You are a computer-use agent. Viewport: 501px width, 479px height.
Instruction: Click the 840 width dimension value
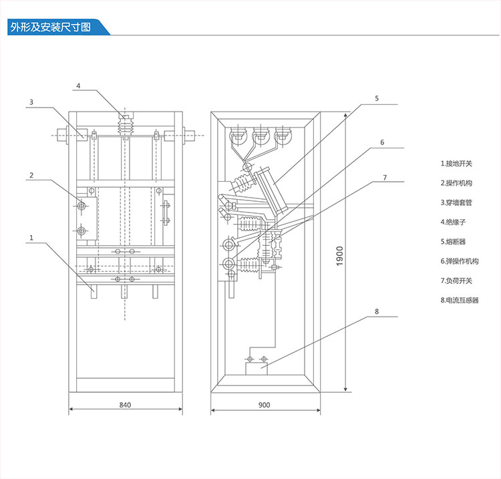pyautogui.click(x=125, y=406)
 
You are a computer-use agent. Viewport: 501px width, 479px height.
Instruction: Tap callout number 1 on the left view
pyautogui.click(x=31, y=236)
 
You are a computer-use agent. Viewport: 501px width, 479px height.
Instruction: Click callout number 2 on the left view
pyautogui.click(x=31, y=176)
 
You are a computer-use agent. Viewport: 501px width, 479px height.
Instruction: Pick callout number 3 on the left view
pyautogui.click(x=31, y=102)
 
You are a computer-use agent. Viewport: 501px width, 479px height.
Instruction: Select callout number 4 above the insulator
pyautogui.click(x=78, y=86)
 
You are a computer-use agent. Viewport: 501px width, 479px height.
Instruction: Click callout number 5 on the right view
pyautogui.click(x=376, y=98)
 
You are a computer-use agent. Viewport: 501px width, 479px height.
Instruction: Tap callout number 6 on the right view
pyautogui.click(x=383, y=142)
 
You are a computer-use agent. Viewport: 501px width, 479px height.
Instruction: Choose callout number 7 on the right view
pyautogui.click(x=385, y=177)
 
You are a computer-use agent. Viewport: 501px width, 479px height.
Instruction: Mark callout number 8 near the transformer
pyautogui.click(x=377, y=311)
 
